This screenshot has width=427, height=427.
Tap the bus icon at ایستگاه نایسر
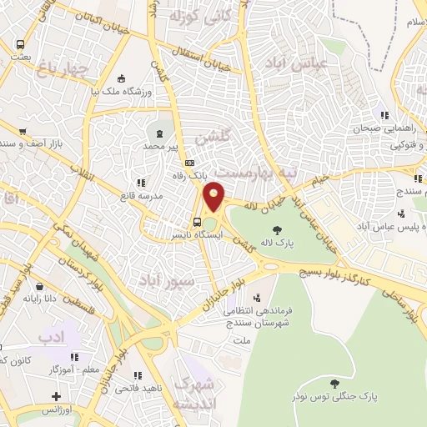197,223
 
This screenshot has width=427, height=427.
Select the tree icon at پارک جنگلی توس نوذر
334,384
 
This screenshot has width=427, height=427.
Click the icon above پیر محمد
159,133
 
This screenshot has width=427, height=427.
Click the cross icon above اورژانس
56,396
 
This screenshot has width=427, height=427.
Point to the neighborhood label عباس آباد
288,63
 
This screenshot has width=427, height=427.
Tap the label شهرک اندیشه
194,392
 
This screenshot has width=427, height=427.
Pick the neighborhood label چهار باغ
63,68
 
